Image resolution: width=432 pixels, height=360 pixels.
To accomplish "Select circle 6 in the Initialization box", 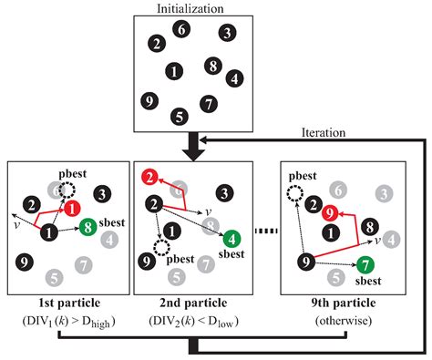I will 182,30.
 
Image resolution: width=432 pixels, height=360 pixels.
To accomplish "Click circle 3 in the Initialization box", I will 225,33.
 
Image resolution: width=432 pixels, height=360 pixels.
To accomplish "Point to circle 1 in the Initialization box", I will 172,70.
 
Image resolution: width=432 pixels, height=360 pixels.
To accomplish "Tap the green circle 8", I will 88,228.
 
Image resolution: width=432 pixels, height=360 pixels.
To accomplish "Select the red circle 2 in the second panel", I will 149,178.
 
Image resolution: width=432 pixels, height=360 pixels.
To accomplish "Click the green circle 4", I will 232,240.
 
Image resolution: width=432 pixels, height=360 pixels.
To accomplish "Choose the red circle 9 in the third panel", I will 333,212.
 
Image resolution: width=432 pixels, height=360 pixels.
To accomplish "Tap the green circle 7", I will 365,265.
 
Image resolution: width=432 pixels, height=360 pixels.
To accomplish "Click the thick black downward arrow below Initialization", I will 191,144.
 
